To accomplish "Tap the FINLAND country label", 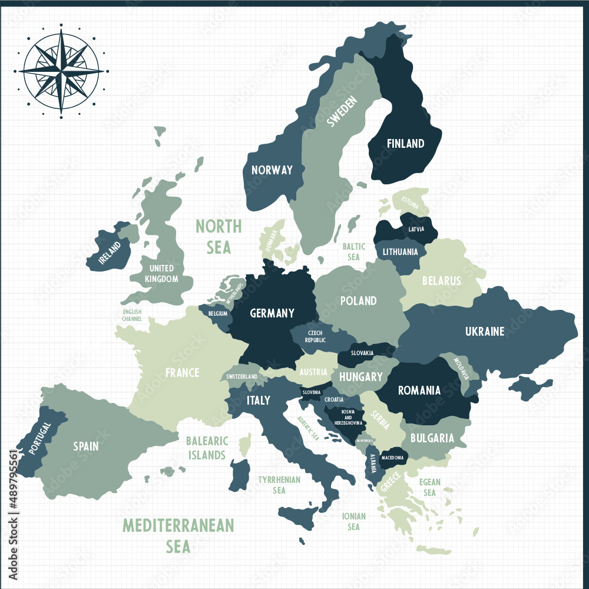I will click(405, 143).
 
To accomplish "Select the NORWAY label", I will click(272, 170).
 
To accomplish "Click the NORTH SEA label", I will click(219, 236).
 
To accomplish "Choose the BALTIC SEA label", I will click(353, 252).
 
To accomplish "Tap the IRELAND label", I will click(110, 252).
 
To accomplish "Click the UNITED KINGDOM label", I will click(161, 273).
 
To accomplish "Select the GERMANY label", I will click(272, 313).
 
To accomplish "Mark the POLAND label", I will click(358, 301).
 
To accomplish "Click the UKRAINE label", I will click(485, 332).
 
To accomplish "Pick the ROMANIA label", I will click(419, 390).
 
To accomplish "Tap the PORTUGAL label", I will click(40, 438).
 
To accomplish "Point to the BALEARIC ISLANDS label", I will click(206, 448).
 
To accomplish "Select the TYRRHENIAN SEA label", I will click(279, 485).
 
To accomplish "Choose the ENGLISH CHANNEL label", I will click(132, 315).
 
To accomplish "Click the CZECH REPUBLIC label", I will click(315, 336).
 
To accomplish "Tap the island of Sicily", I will click(300, 517).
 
